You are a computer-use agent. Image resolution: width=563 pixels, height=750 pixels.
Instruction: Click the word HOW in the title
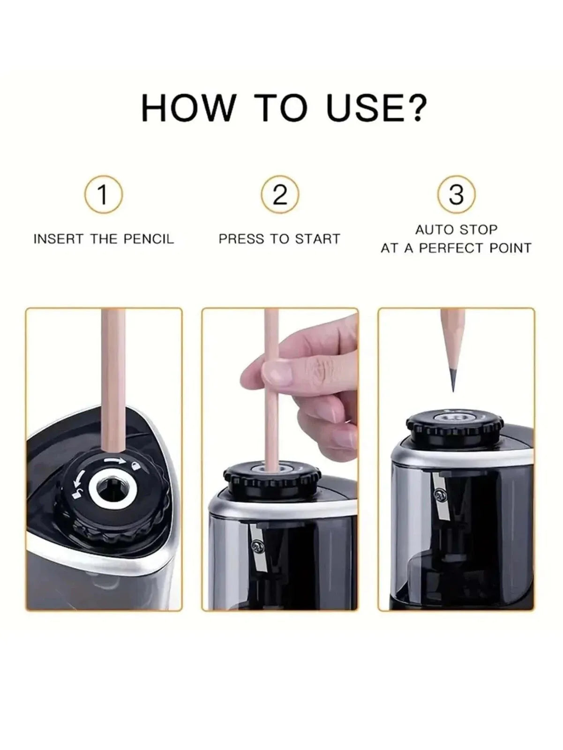click(188, 108)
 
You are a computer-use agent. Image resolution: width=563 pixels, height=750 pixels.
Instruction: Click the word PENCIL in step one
click(149, 239)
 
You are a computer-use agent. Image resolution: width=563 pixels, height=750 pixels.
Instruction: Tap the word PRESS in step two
click(240, 239)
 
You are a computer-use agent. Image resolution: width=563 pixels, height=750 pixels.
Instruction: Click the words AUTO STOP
click(456, 230)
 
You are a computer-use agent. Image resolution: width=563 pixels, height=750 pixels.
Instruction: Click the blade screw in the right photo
click(440, 494)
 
